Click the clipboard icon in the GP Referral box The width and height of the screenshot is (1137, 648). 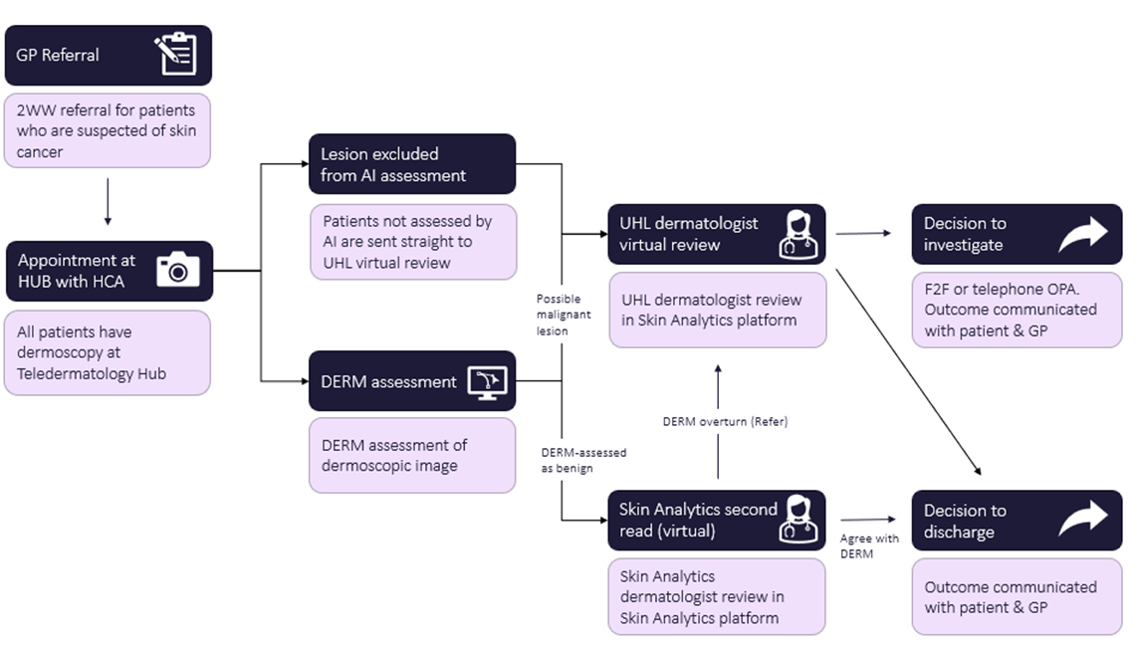click(175, 55)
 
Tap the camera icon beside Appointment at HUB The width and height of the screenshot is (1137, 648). click(178, 270)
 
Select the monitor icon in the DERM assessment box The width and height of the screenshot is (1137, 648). click(486, 380)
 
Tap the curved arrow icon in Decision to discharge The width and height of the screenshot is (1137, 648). click(1082, 520)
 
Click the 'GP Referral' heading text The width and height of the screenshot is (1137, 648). click(58, 55)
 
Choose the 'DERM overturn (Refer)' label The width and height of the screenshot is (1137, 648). click(725, 421)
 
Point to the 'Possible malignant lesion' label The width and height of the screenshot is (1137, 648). click(564, 315)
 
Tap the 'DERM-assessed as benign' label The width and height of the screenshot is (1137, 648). click(583, 460)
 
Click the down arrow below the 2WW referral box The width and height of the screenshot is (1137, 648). click(108, 204)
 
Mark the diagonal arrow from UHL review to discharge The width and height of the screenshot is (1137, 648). click(908, 369)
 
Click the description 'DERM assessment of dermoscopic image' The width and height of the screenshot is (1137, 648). click(393, 455)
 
